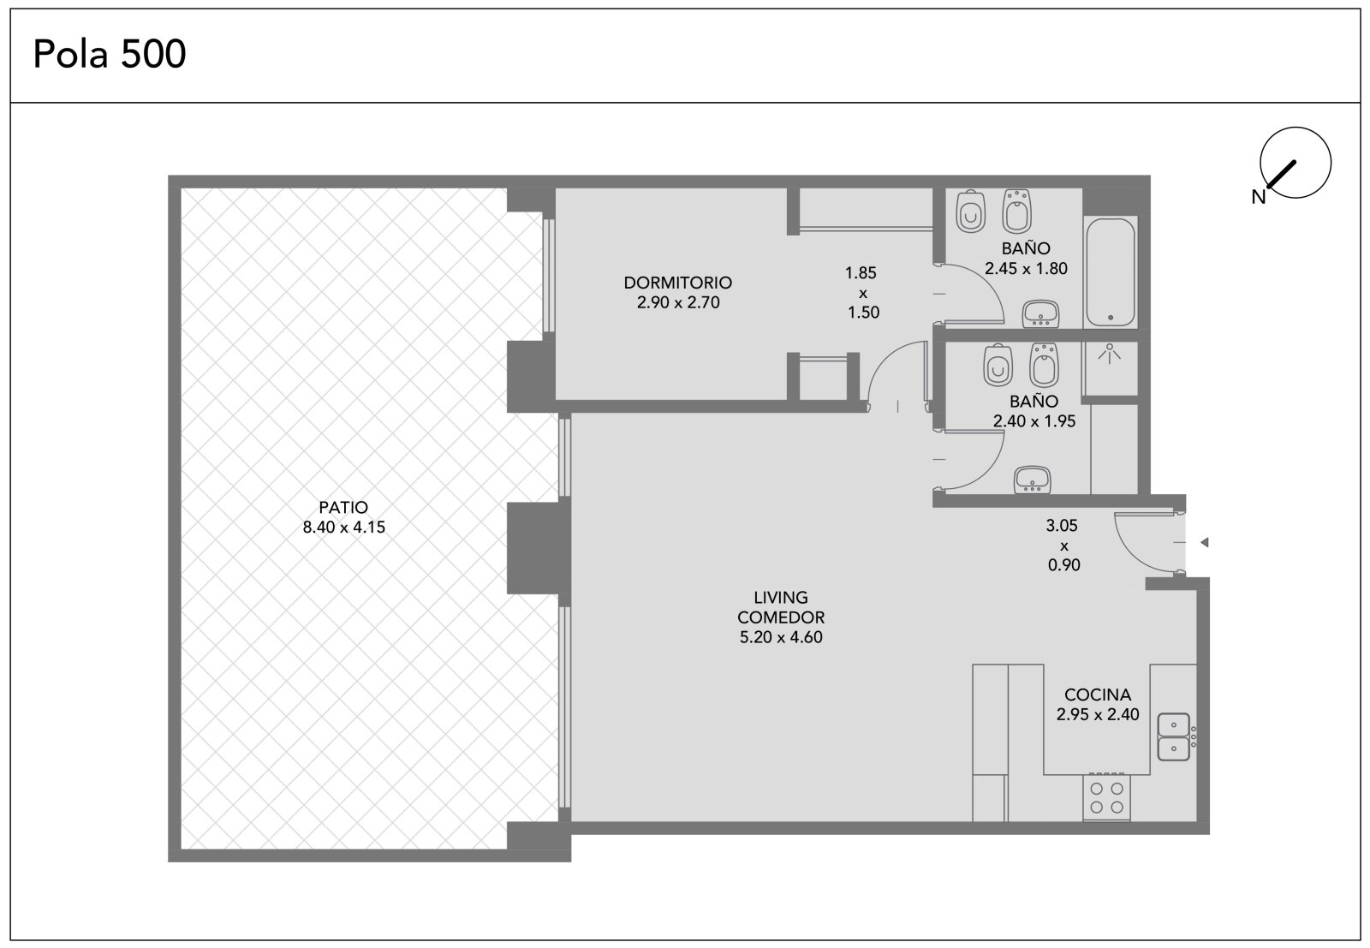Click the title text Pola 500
point(110,54)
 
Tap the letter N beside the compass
point(1258,197)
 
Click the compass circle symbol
point(1296,163)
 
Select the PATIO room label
point(343,507)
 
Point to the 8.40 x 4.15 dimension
point(343,528)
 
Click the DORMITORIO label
point(677,283)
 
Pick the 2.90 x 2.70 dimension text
point(678,303)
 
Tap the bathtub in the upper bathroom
point(1110,272)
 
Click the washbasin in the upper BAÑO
point(1040,313)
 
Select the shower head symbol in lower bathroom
point(1110,354)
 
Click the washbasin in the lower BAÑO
point(1033,480)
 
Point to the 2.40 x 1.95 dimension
point(1034,421)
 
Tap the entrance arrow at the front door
point(1204,542)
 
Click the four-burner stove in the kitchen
point(1106,797)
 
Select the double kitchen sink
point(1174,736)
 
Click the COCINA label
point(1098,695)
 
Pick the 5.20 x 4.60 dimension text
point(781,637)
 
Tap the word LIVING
point(781,598)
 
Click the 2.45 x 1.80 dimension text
point(1027,269)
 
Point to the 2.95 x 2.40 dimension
point(1098,714)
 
